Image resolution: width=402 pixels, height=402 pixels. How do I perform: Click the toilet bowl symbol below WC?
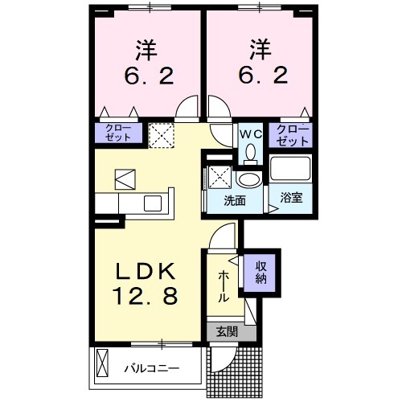pos(250,151)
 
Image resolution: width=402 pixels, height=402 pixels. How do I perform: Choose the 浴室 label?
pos(291,197)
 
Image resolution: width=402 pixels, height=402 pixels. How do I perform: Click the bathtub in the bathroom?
pos(289,168)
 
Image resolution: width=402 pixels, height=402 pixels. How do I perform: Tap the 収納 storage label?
pos(261,273)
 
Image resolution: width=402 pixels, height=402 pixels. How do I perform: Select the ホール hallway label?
pos(224,285)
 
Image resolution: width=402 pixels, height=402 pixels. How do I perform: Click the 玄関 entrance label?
pos(226,331)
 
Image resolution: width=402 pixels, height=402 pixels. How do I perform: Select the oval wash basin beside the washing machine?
pos(249,179)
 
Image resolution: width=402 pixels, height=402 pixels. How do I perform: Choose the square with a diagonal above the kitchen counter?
pos(126,177)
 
